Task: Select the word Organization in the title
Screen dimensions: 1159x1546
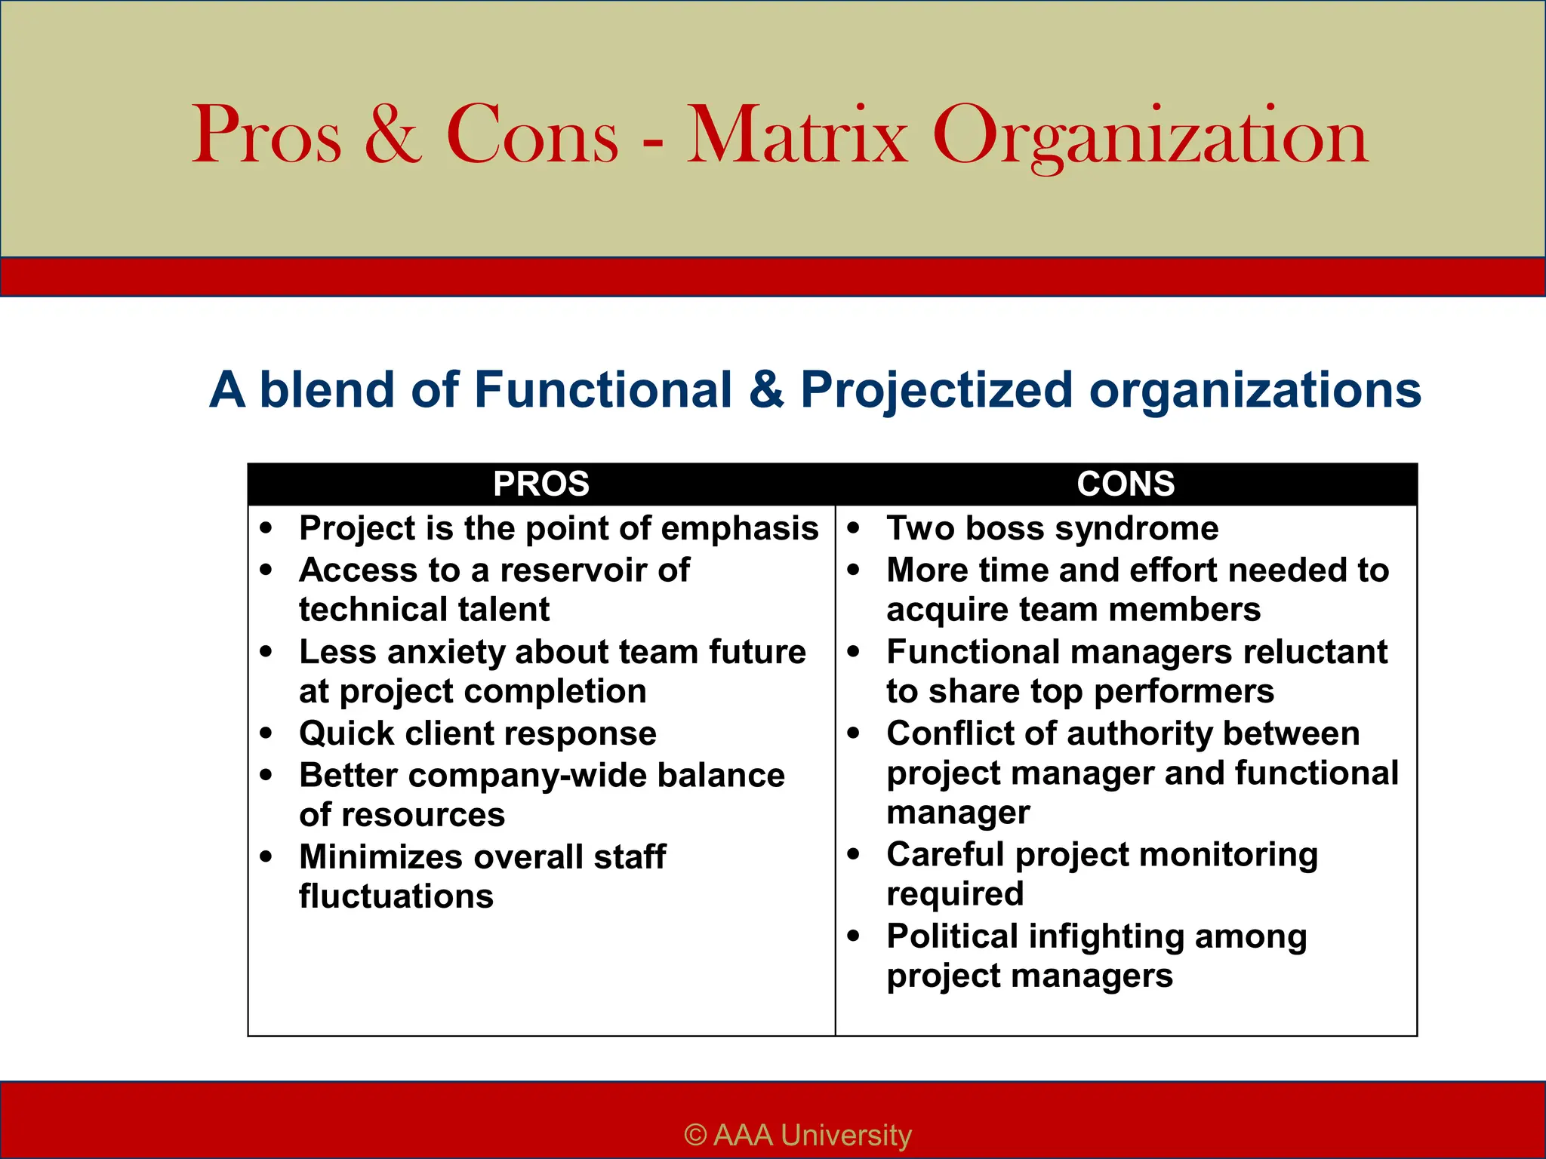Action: point(1150,137)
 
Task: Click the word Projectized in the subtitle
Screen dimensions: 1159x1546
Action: point(936,391)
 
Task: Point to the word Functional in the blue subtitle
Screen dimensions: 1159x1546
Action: point(603,389)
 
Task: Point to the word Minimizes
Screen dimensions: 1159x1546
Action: point(380,857)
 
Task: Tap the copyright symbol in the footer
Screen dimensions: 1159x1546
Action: point(695,1135)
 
